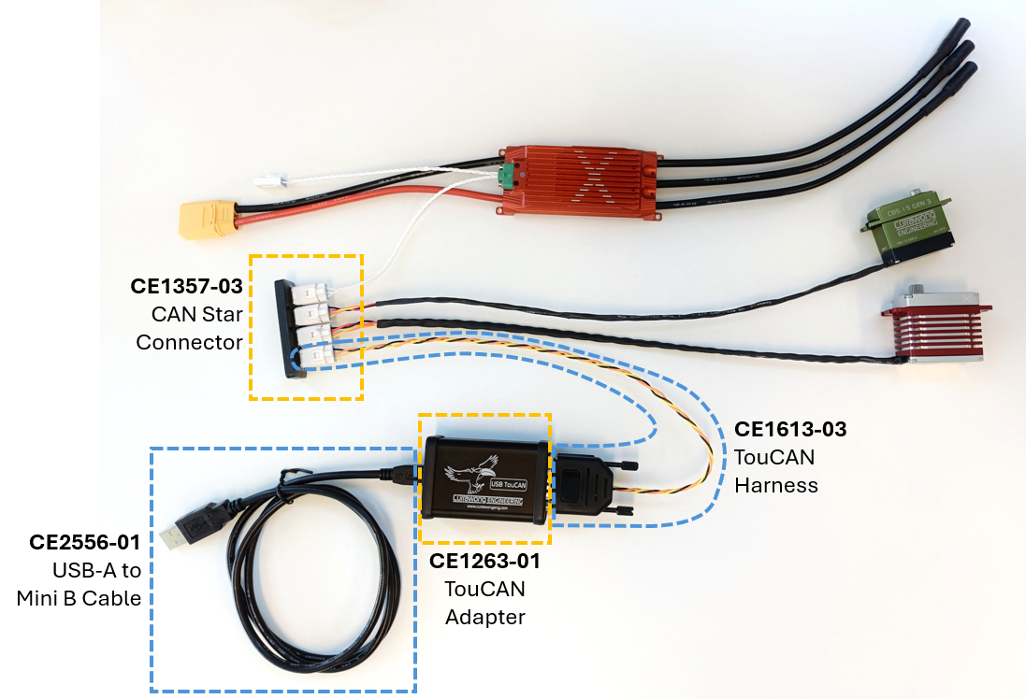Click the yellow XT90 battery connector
tap(205, 221)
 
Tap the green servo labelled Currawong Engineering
tap(906, 228)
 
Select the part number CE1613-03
tap(790, 429)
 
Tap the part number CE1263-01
tap(484, 562)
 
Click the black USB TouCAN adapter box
tap(484, 478)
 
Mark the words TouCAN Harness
tap(776, 471)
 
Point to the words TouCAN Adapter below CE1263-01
tap(484, 603)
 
